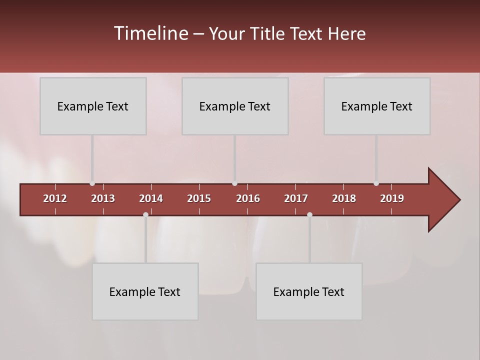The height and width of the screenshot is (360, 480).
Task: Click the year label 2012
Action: (55, 198)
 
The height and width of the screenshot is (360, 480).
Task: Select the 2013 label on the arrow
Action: (103, 198)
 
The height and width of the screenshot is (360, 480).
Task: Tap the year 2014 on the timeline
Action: (151, 198)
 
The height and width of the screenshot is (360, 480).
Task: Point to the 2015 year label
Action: (199, 198)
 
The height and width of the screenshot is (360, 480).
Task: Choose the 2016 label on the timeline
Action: (248, 198)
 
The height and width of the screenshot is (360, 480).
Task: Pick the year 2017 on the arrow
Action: (296, 198)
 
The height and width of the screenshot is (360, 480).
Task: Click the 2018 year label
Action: (344, 198)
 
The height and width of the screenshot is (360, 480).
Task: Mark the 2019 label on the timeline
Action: (392, 198)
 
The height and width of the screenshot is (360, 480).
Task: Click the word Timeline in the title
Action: (150, 33)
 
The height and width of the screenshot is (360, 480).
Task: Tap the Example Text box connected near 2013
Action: (93, 106)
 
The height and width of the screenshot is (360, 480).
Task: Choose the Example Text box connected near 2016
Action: (235, 106)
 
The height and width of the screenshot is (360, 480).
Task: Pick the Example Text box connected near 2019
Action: (377, 106)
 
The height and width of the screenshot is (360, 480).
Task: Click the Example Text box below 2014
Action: (145, 291)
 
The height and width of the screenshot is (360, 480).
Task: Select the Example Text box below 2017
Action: (309, 291)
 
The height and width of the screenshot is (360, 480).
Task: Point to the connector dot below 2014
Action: (145, 215)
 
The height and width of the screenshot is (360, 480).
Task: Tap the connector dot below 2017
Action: (309, 215)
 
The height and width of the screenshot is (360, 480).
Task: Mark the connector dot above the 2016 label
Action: (235, 183)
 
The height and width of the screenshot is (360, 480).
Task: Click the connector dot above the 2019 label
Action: (376, 183)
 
